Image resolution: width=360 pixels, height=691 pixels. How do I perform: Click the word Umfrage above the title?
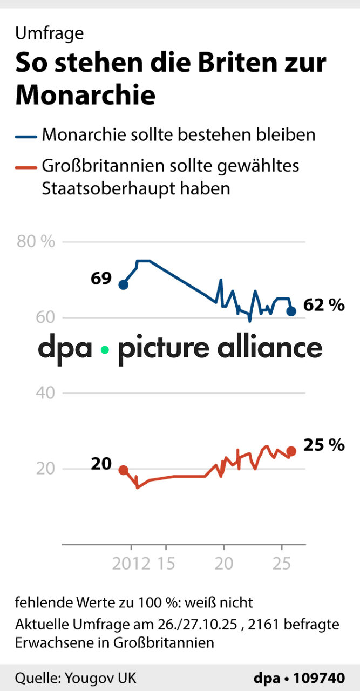tap(49, 33)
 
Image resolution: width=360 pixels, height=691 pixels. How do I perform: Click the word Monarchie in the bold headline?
tap(85, 94)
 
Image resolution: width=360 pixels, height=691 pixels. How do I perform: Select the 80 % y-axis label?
tap(36, 241)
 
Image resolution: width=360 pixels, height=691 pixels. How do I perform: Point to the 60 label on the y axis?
tap(46, 317)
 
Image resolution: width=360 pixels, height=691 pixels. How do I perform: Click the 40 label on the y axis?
tap(46, 392)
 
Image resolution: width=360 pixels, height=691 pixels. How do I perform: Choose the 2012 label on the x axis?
tap(131, 564)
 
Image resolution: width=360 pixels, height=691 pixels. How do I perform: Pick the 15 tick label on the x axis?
tap(167, 564)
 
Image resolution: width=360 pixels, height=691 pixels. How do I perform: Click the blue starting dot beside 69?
tap(124, 285)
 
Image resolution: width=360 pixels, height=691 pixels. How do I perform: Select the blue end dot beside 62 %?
tap(291, 311)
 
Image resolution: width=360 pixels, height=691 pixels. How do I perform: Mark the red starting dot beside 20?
tap(124, 470)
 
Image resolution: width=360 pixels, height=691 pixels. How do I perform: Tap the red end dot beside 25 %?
tap(291, 451)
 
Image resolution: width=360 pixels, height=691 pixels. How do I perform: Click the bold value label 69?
tap(101, 279)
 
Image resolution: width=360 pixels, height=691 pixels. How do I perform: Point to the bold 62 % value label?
tap(324, 305)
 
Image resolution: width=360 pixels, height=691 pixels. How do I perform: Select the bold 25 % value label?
tap(324, 445)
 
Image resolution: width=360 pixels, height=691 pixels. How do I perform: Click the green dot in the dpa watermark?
tap(105, 350)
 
